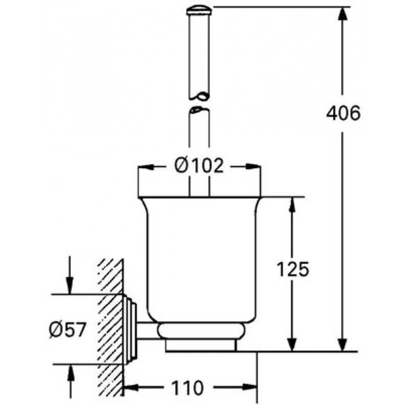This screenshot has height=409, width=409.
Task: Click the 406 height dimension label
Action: [x=343, y=113]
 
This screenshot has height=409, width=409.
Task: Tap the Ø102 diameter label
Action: [x=199, y=165]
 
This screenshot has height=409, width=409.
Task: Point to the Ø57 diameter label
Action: [x=67, y=330]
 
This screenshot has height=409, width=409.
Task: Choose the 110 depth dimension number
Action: [x=187, y=388]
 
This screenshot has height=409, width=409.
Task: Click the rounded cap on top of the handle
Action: [x=199, y=11]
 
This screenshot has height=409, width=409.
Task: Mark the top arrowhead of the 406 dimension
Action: [x=343, y=15]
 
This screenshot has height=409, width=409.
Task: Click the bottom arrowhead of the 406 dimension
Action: [x=343, y=344]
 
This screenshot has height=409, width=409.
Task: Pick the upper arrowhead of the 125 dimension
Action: [x=292, y=204]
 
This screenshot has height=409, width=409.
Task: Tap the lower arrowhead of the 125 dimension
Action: [x=292, y=344]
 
